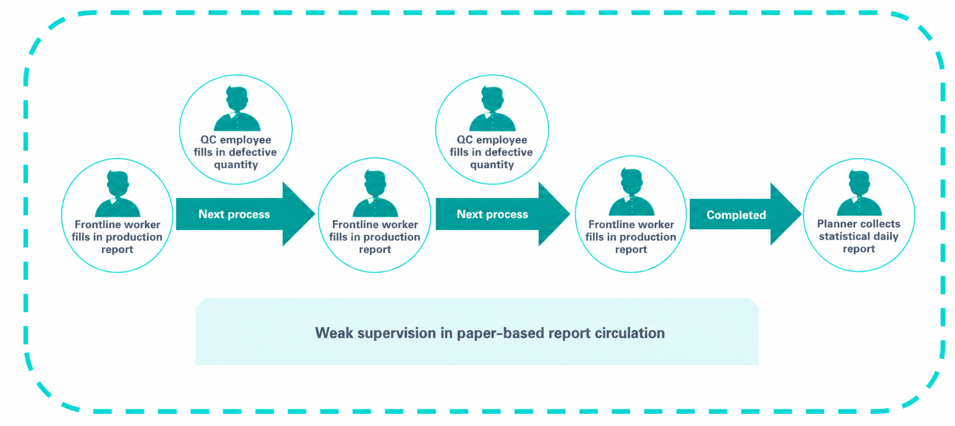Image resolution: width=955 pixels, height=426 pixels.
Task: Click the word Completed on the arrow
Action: point(736,215)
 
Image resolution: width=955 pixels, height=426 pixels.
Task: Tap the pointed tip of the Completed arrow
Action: point(801,214)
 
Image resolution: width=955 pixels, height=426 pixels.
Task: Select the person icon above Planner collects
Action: point(859,193)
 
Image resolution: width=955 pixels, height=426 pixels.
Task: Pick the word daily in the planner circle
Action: point(886,237)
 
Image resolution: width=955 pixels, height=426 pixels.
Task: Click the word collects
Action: point(880,224)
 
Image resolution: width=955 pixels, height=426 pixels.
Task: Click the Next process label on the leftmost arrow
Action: point(234,214)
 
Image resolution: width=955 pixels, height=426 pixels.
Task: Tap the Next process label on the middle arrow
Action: point(492,214)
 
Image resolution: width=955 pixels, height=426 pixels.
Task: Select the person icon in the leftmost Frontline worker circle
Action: point(118,194)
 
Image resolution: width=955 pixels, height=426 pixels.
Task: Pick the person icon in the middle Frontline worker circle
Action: point(375,194)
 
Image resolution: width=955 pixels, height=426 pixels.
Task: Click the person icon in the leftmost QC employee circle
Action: point(237,109)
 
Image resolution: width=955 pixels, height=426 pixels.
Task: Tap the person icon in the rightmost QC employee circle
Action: point(492,109)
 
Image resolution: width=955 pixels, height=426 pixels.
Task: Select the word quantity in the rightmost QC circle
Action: point(492,165)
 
